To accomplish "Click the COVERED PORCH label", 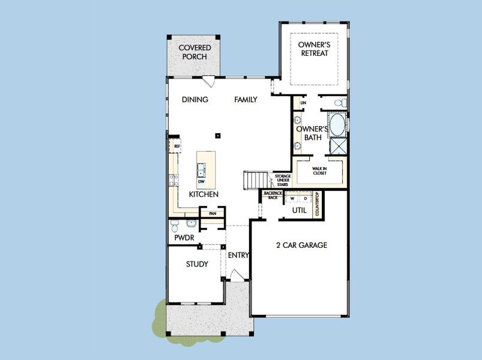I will (x=193, y=52).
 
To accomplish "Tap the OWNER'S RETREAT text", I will (x=315, y=48).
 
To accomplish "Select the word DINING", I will (x=195, y=100).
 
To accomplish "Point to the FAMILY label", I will (x=246, y=100).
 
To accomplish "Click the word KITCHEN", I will (x=203, y=194).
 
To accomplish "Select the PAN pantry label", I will (x=212, y=213).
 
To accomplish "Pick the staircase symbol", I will (x=255, y=179).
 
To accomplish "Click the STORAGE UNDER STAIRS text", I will (x=282, y=180).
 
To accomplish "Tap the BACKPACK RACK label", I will (x=273, y=196).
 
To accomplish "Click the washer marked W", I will (x=292, y=198).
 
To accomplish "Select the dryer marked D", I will (x=304, y=198).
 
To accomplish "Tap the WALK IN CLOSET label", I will (x=319, y=171).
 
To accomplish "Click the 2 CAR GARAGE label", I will (x=301, y=245).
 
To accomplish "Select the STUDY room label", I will (x=197, y=264).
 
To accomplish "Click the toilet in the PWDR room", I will (x=174, y=226).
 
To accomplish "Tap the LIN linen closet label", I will (x=304, y=103).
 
